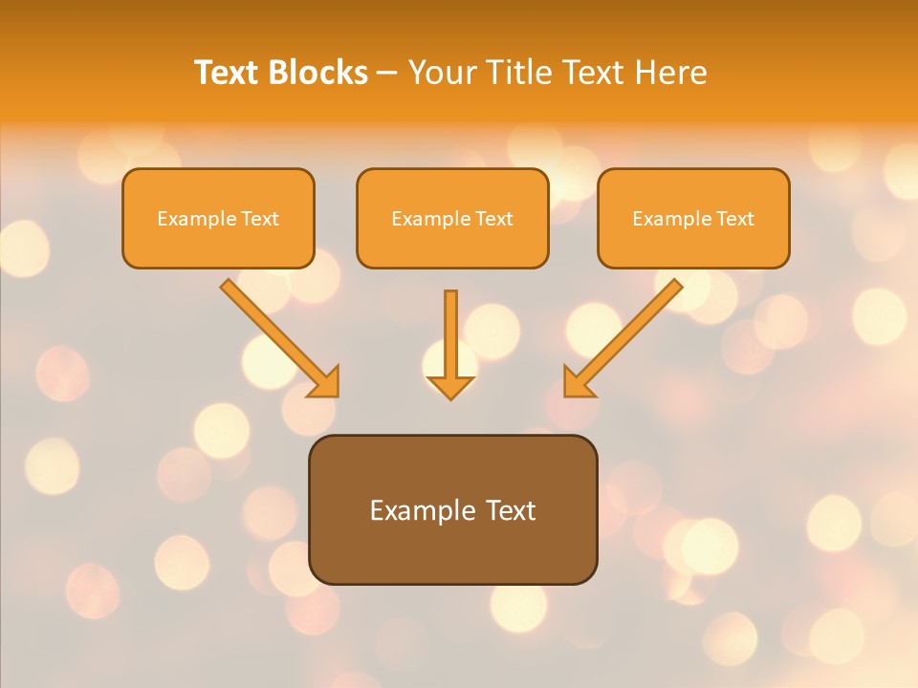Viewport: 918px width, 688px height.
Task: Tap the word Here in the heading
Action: point(669,73)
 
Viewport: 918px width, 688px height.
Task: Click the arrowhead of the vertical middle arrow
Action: point(450,387)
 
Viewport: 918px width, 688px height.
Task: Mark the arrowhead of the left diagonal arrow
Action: point(325,383)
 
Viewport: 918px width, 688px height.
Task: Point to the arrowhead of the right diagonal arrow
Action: point(577,383)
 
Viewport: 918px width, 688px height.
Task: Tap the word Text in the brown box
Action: point(510,510)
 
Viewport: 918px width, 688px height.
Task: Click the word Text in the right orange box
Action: point(735,219)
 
